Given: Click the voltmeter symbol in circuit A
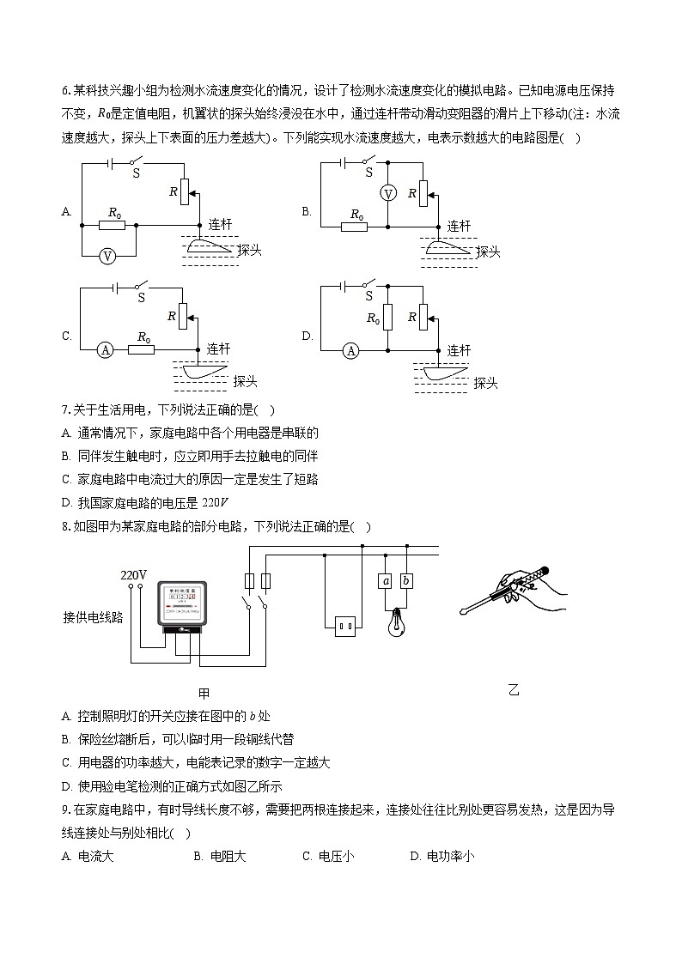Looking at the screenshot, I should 107,256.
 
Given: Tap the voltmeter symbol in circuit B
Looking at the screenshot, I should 388,194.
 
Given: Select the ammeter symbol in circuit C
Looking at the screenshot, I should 105,349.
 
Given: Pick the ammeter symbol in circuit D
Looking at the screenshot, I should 350,350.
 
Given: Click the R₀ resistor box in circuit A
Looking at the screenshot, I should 112,226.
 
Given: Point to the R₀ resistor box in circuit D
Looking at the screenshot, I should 387,318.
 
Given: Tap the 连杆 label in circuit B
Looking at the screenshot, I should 460,226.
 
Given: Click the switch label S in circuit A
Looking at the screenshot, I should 135,173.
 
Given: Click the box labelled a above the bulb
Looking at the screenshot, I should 386,581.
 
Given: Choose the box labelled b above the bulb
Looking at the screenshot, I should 406,581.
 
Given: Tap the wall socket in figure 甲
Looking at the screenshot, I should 344,627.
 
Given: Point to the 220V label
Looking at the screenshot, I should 133,574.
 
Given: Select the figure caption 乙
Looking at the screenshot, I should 514,689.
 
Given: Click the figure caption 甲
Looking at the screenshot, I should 204,693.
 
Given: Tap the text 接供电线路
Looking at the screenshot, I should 93,616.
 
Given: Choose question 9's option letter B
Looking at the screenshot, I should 198,856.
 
